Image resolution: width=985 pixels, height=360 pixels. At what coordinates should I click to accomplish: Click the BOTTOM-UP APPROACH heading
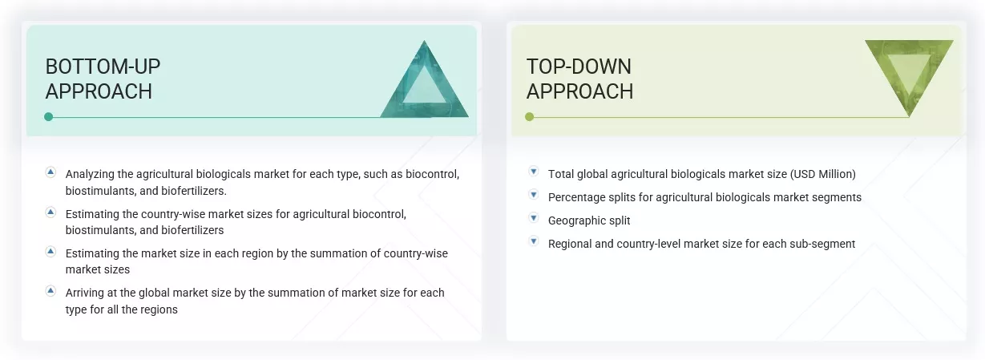click(99, 79)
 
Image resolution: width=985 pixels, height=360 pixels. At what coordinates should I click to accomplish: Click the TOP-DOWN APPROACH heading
click(579, 79)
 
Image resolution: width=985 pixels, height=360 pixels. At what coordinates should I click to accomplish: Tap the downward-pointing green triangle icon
click(909, 74)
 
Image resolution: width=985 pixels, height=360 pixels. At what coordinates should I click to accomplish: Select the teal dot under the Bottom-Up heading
click(49, 117)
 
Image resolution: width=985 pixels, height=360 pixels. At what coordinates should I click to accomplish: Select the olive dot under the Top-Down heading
click(529, 117)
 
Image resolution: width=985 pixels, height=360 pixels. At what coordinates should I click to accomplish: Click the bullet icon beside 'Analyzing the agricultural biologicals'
click(50, 172)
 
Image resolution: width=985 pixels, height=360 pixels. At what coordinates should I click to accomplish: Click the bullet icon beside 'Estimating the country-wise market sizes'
click(50, 212)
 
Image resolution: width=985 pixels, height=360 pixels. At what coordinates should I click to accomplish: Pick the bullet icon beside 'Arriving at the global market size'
click(50, 290)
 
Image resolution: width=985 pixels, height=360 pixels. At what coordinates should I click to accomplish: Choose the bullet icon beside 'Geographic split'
click(533, 218)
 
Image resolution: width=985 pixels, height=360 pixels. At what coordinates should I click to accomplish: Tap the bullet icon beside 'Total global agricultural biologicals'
click(533, 172)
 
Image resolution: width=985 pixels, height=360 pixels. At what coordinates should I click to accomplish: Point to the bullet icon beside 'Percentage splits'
click(533, 195)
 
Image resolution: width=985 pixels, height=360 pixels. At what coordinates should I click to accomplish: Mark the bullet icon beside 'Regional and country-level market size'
click(533, 241)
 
